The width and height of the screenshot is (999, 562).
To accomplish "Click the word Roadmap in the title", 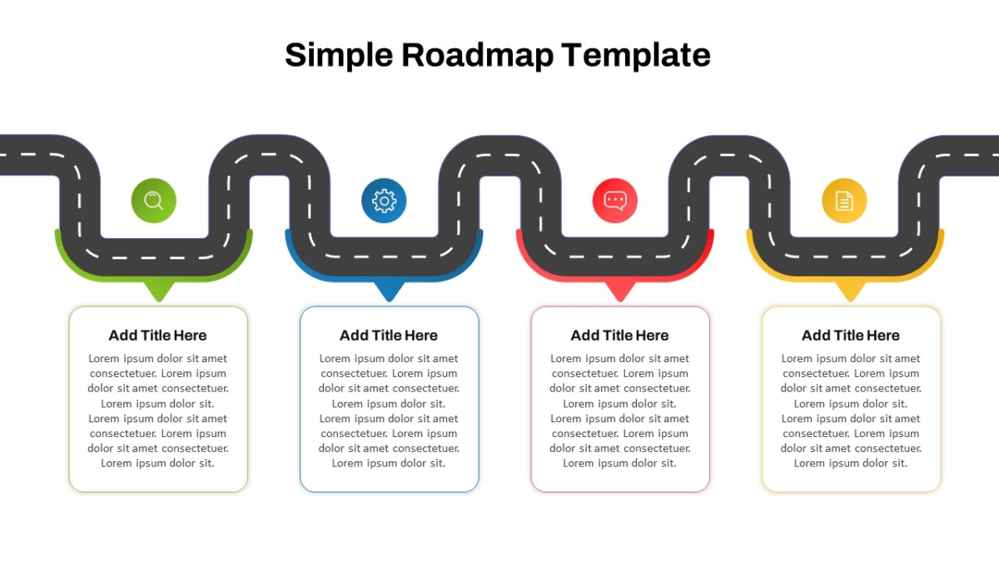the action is click(477, 56).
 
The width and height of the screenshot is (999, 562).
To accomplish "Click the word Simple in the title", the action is click(339, 56).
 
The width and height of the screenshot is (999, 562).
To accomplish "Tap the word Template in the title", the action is click(636, 56).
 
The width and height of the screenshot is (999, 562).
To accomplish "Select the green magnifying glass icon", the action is click(154, 201).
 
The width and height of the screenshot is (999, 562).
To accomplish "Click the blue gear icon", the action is click(384, 201).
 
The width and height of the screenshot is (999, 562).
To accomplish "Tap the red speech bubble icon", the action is click(615, 201).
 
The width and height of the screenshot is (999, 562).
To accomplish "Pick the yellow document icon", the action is click(845, 201).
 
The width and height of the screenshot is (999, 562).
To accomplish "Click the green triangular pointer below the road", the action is click(159, 291).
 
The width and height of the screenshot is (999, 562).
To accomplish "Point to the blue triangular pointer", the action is click(390, 291).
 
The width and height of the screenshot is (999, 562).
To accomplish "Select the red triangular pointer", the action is click(620, 291).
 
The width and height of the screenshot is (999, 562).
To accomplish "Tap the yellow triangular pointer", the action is click(851, 291).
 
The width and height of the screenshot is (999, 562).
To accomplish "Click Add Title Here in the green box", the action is click(158, 336).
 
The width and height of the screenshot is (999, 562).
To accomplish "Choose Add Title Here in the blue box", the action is click(389, 336).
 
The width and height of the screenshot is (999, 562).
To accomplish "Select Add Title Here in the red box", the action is click(620, 336).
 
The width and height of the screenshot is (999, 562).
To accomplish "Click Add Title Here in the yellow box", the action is click(851, 336).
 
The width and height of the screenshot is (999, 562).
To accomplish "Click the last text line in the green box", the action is click(158, 464).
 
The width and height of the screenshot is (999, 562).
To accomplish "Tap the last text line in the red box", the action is click(620, 464).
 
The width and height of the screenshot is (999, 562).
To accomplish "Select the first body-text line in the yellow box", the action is click(851, 359).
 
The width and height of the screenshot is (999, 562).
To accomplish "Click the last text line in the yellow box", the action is click(851, 464).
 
